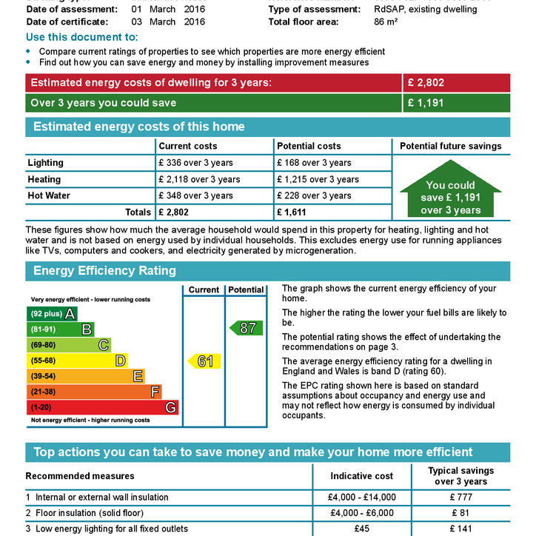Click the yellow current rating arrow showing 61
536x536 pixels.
pyautogui.click(x=203, y=361)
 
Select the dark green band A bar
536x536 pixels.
pyautogui.click(x=52, y=313)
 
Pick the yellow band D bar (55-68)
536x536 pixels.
pyautogui.click(x=77, y=361)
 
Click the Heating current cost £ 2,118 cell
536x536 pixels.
pyautogui.click(x=199, y=179)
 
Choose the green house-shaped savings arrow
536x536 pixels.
pyautogui.click(x=450, y=192)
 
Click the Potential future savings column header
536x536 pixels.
pyautogui.click(x=450, y=146)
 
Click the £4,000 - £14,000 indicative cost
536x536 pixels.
pyautogui.click(x=362, y=498)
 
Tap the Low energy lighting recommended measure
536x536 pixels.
pyautogui.click(x=111, y=529)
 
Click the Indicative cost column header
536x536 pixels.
pyautogui.click(x=362, y=476)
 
